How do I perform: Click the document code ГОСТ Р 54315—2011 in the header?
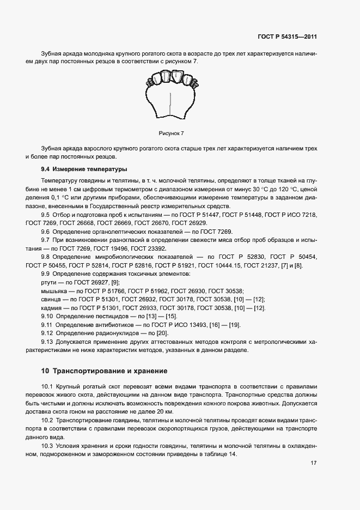(287, 37)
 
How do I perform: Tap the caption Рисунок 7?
(172, 133)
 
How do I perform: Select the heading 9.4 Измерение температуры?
(84, 169)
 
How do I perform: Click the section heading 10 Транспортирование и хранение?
(104, 371)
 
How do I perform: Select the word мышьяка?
(53, 291)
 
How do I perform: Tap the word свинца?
(51, 300)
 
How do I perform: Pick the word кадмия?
(52, 308)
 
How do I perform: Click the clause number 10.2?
(48, 421)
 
